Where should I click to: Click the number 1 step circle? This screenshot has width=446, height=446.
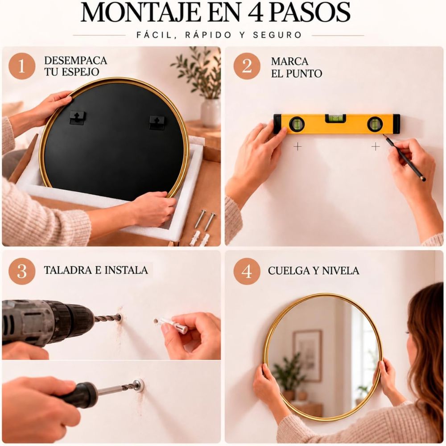(x=22, y=66)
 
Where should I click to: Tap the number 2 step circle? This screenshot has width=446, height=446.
(x=247, y=66)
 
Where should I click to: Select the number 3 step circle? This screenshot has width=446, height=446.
(x=22, y=271)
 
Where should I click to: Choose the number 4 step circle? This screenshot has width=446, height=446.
(x=247, y=271)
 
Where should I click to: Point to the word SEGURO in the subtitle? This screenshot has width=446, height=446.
(x=277, y=35)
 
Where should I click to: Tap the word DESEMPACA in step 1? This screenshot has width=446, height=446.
(x=76, y=61)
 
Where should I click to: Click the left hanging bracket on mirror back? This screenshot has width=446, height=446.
(x=77, y=117)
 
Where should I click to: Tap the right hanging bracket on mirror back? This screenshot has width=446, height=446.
(x=157, y=122)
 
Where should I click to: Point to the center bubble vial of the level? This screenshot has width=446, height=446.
(x=336, y=118)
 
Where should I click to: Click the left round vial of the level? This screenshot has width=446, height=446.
(x=297, y=124)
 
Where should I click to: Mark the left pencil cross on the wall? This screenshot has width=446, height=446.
(x=297, y=147)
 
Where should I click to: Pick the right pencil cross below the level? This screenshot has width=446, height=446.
(x=376, y=147)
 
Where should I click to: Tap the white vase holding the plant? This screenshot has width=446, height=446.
(x=211, y=112)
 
